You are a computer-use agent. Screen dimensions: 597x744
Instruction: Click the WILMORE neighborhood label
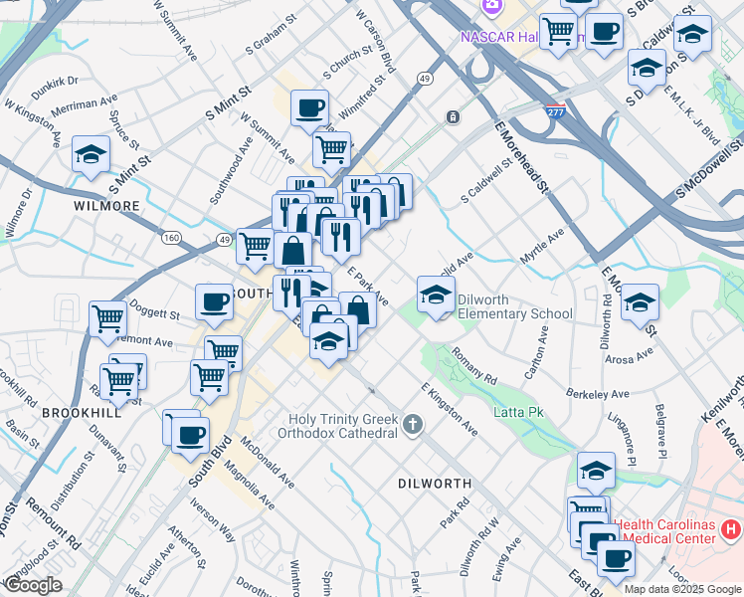106,206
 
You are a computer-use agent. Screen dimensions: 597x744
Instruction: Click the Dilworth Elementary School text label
515,313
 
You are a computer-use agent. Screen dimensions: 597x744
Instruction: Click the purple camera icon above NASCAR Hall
490,7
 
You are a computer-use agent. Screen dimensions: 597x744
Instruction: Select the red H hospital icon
730,528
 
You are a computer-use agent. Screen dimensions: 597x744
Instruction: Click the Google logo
33,585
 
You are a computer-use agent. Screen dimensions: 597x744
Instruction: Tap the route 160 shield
172,238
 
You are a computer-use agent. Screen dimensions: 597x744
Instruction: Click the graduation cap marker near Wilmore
91,155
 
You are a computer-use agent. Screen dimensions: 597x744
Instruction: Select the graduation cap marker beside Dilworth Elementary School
436,295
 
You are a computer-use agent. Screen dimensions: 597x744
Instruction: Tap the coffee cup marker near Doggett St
213,302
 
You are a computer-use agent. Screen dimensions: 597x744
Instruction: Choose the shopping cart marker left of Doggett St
107,319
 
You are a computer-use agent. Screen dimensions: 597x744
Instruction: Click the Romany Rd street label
473,365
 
